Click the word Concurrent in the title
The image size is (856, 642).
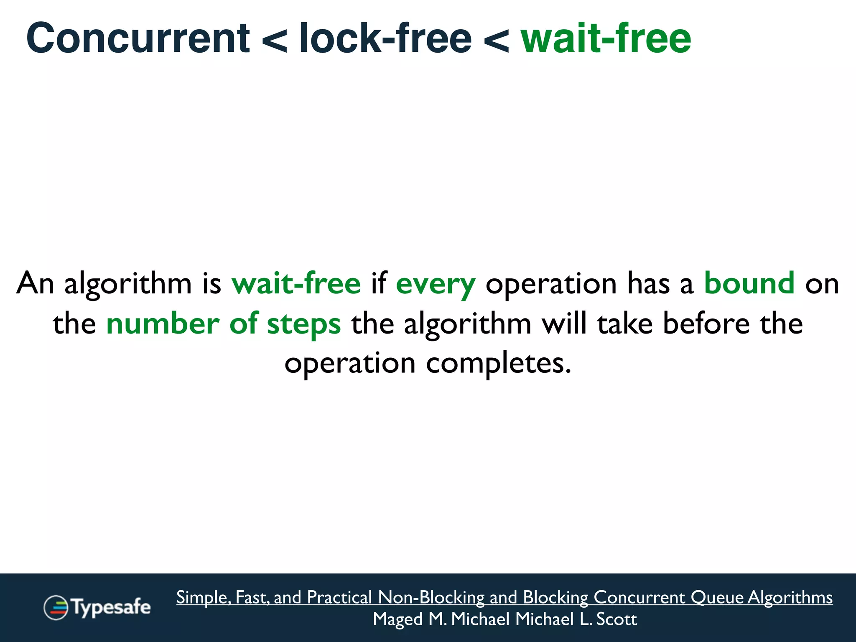[x=138, y=38]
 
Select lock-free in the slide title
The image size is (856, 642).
[x=385, y=38]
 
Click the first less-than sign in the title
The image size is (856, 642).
[x=275, y=41]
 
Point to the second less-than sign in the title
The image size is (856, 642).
[x=496, y=41]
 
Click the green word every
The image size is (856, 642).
[x=436, y=284]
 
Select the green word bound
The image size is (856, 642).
[x=749, y=283]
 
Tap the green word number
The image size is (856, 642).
[x=163, y=324]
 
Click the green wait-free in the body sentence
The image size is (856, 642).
[x=296, y=283]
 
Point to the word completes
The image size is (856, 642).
[x=498, y=363]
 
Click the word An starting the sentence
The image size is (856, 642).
[x=35, y=283]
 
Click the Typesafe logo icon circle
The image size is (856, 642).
[x=56, y=607]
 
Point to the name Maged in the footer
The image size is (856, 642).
[x=397, y=619]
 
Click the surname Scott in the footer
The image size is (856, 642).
[x=617, y=619]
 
